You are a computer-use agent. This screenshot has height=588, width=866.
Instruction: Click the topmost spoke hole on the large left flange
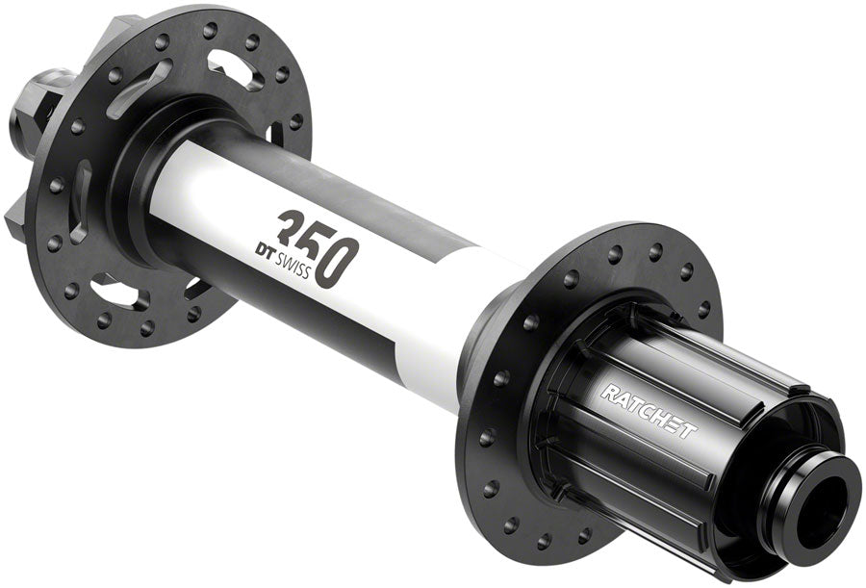tap(209, 30)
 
